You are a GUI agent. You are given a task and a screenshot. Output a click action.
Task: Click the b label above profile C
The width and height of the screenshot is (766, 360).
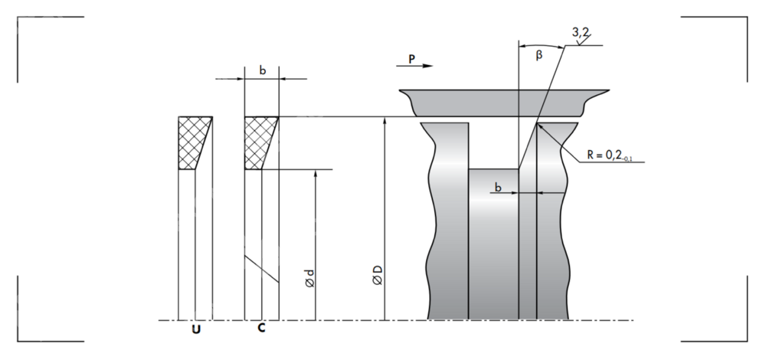[262, 70]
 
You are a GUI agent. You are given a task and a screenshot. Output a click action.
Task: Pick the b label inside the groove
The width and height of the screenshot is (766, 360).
[498, 186]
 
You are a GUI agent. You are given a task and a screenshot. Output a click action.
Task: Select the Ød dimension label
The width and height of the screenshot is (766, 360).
[309, 277]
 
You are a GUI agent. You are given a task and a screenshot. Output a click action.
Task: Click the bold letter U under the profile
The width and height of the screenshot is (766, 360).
[196, 330]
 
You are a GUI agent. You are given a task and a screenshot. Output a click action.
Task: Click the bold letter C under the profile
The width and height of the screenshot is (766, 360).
[261, 329]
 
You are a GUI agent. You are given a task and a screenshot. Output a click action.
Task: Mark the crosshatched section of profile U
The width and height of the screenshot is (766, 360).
[193, 142]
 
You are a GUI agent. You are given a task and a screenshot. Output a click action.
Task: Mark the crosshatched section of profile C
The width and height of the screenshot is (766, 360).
[258, 142]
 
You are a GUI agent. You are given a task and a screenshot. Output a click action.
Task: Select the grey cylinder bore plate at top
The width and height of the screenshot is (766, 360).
[502, 102]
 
